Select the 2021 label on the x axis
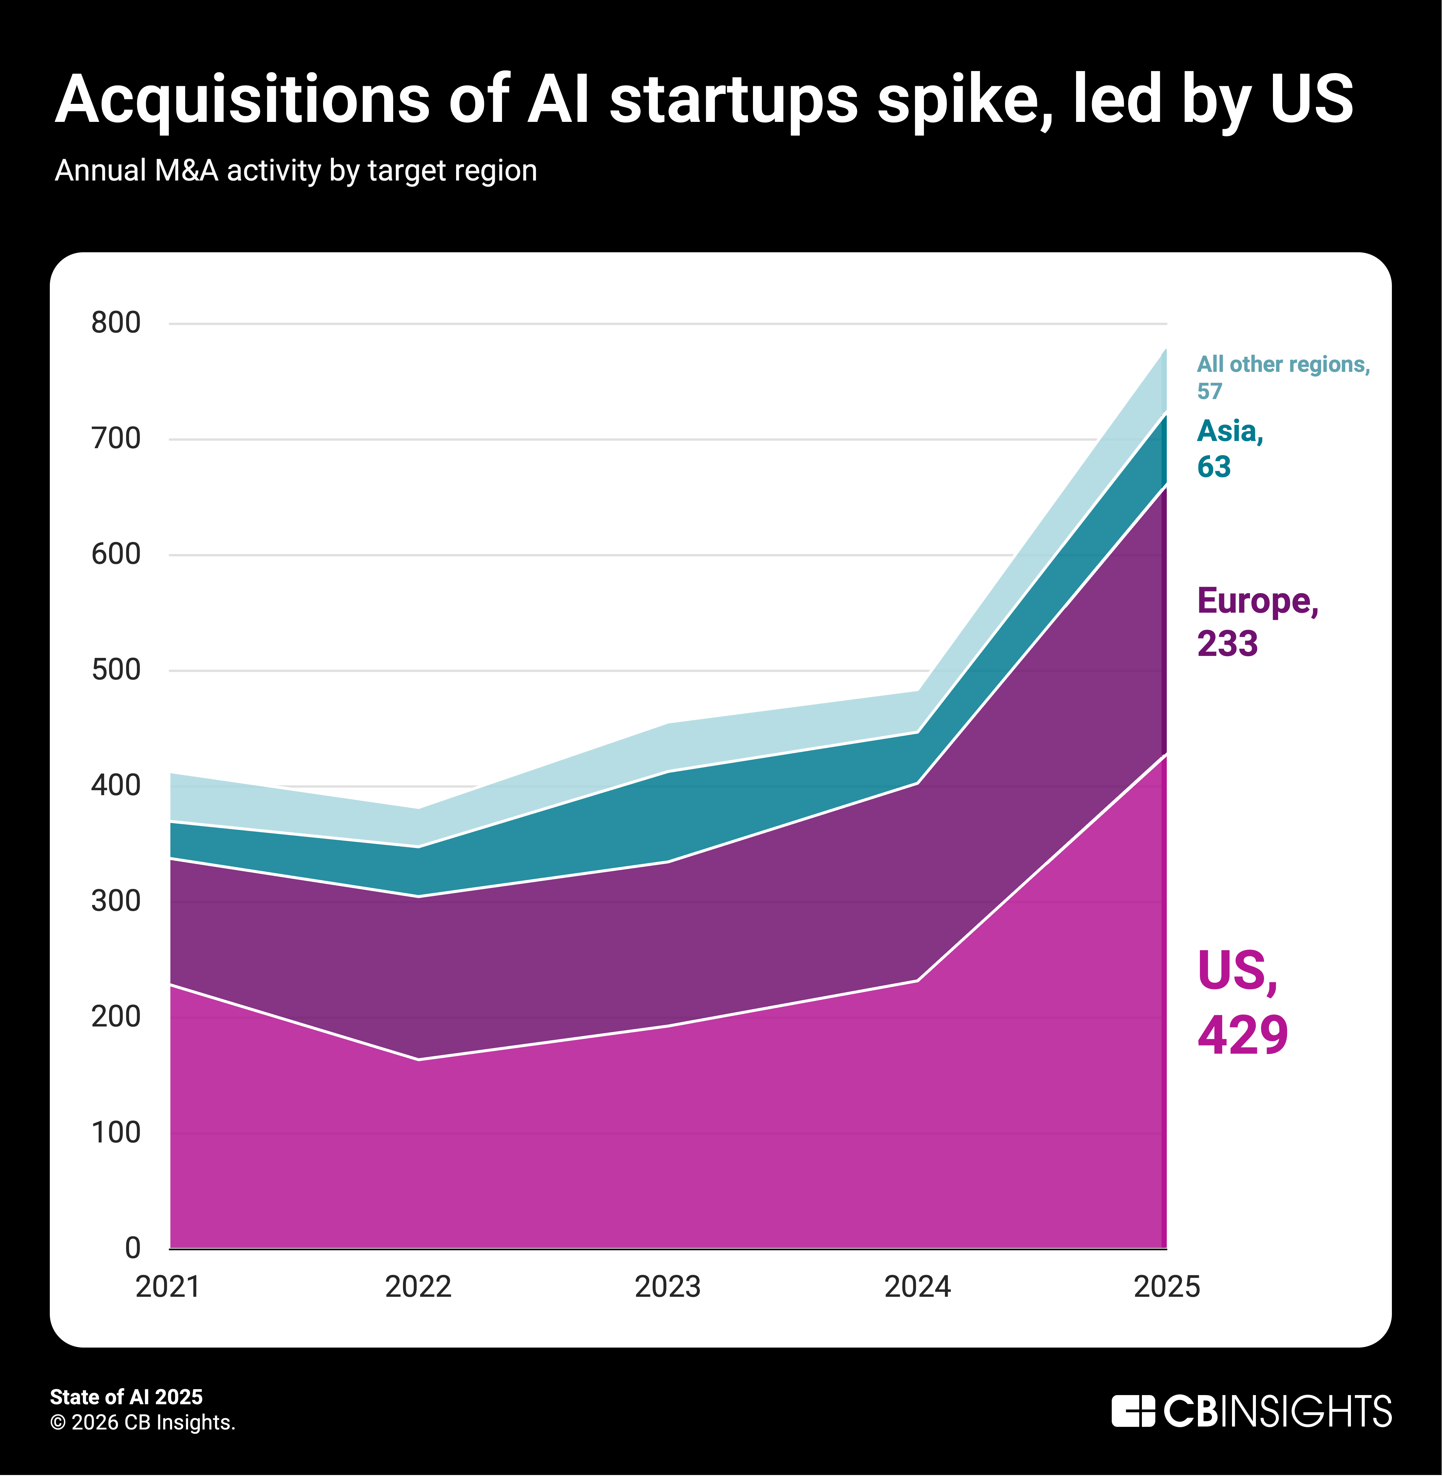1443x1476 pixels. click(167, 1287)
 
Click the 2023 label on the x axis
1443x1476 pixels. click(667, 1287)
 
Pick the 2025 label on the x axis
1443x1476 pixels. click(1166, 1287)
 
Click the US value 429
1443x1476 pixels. click(1242, 1035)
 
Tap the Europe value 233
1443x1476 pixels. click(1227, 643)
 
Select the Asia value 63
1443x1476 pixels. click(1213, 467)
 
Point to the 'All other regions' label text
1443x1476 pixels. click(1283, 364)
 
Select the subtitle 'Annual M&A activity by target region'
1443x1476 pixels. click(296, 170)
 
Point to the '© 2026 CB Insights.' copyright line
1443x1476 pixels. click(143, 1422)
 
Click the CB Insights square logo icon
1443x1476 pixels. click(1132, 1411)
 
